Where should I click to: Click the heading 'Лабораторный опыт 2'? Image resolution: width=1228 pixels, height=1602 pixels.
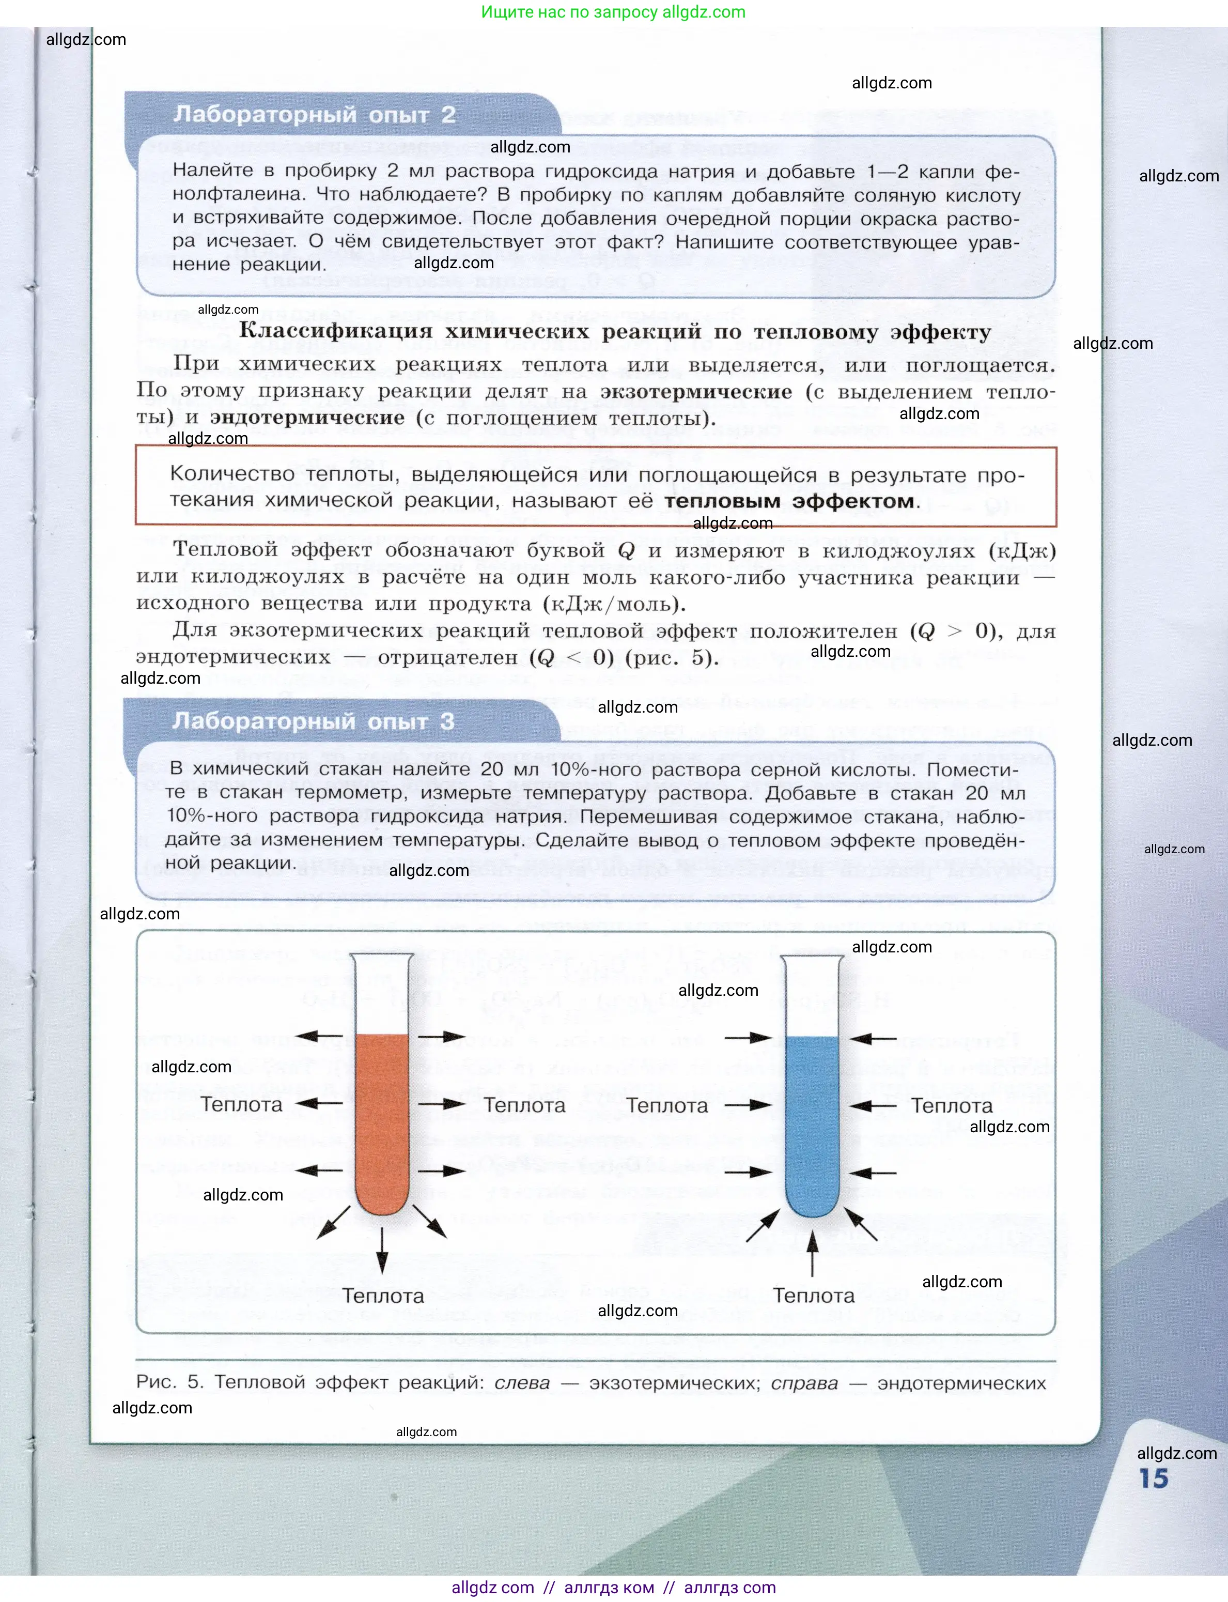point(314,115)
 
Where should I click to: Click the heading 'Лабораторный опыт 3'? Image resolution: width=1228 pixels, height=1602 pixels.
point(313,721)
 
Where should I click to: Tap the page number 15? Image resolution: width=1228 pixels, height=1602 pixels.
point(1154,1478)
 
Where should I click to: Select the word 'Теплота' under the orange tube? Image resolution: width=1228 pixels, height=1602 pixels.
point(383,1296)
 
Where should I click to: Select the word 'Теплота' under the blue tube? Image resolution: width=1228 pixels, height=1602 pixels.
point(814,1296)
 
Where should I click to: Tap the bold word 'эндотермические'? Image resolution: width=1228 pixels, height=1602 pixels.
point(307,418)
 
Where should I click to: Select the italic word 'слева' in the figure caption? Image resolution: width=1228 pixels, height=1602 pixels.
point(522,1383)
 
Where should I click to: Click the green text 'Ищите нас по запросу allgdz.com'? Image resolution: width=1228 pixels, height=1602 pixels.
point(613,12)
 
